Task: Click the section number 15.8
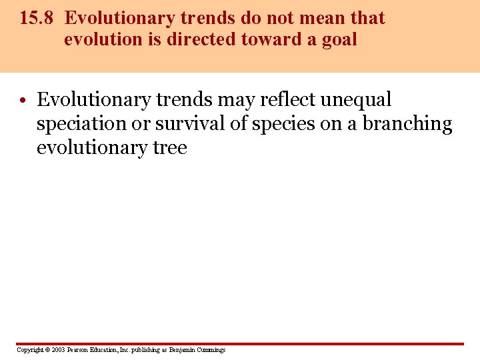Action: pyautogui.click(x=36, y=18)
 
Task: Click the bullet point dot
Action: pyautogui.click(x=23, y=101)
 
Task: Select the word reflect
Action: pyautogui.click(x=288, y=100)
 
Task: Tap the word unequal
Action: pyautogui.click(x=356, y=100)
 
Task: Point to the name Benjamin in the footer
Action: pyautogui.click(x=183, y=350)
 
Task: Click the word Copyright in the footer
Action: pyautogui.click(x=29, y=350)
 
